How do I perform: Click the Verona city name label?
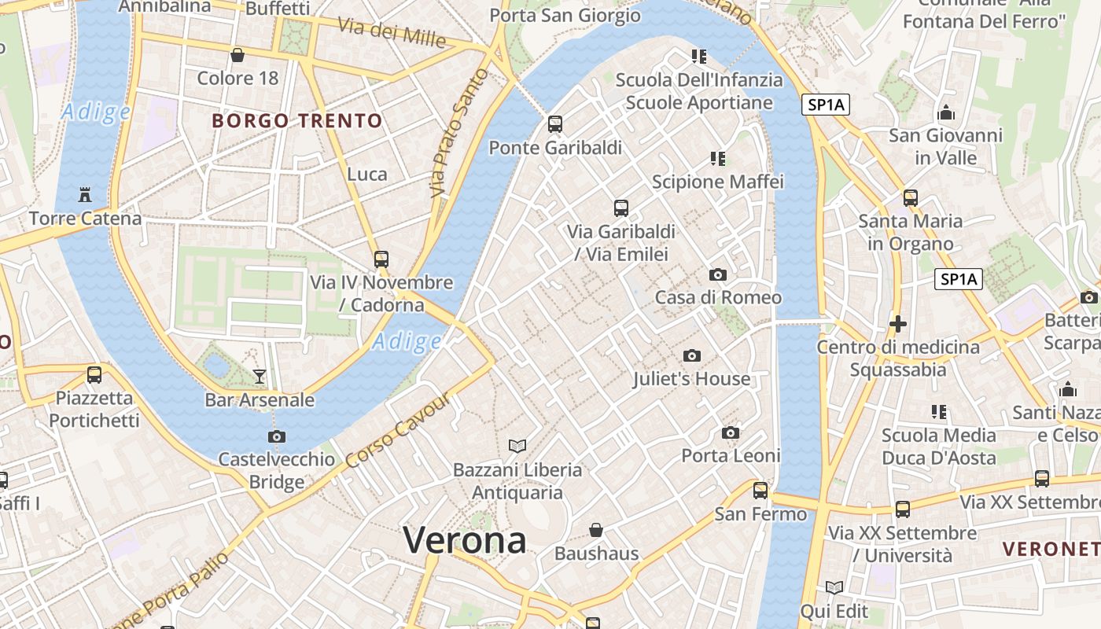[x=465, y=541]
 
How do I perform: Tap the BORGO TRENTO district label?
[x=297, y=121]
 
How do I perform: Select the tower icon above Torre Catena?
[x=85, y=194]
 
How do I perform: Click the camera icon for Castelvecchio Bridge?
[x=276, y=436]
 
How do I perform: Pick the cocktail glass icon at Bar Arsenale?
[x=260, y=377]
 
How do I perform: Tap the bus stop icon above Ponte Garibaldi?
[x=555, y=124]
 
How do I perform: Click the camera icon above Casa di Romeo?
[x=717, y=274]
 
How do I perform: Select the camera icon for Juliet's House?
[x=692, y=355]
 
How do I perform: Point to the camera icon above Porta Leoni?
[x=731, y=432]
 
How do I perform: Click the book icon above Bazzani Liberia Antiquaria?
[x=517, y=447]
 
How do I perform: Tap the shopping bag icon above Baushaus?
[x=596, y=530]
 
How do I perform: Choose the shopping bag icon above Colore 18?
[x=238, y=55]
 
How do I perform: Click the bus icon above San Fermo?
[x=760, y=491]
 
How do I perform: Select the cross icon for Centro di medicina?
[x=897, y=323]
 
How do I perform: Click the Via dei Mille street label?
[x=392, y=31]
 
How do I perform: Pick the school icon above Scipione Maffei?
[x=717, y=159]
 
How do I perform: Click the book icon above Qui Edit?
[x=834, y=587]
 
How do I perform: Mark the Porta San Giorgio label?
[x=565, y=15]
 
